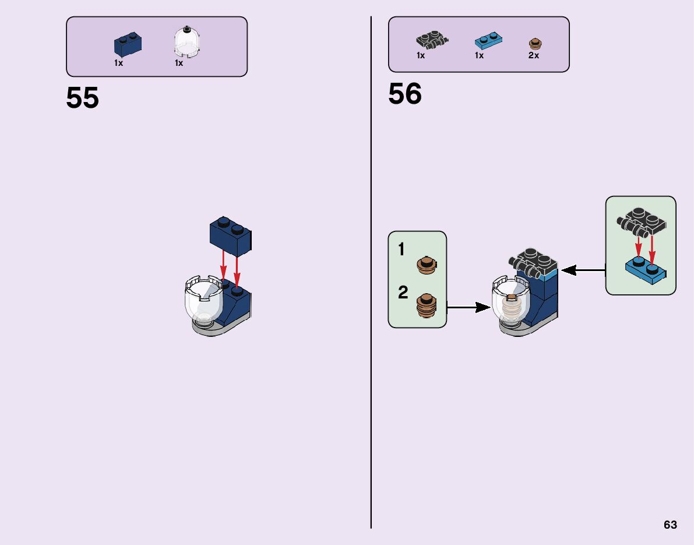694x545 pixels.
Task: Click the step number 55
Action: coord(82,99)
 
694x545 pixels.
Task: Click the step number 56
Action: coord(404,94)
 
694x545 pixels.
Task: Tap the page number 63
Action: coord(670,525)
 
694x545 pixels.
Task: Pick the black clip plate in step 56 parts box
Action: coord(431,40)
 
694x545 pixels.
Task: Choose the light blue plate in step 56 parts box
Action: coord(488,41)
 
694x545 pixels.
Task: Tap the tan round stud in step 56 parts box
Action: coord(535,43)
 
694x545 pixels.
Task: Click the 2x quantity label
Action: coord(533,56)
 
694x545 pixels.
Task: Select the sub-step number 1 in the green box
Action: coord(401,250)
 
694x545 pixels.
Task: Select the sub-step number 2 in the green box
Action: coord(403,293)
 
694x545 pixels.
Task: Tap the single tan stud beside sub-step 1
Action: coord(427,265)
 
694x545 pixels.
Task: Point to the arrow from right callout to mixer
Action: coord(583,270)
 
